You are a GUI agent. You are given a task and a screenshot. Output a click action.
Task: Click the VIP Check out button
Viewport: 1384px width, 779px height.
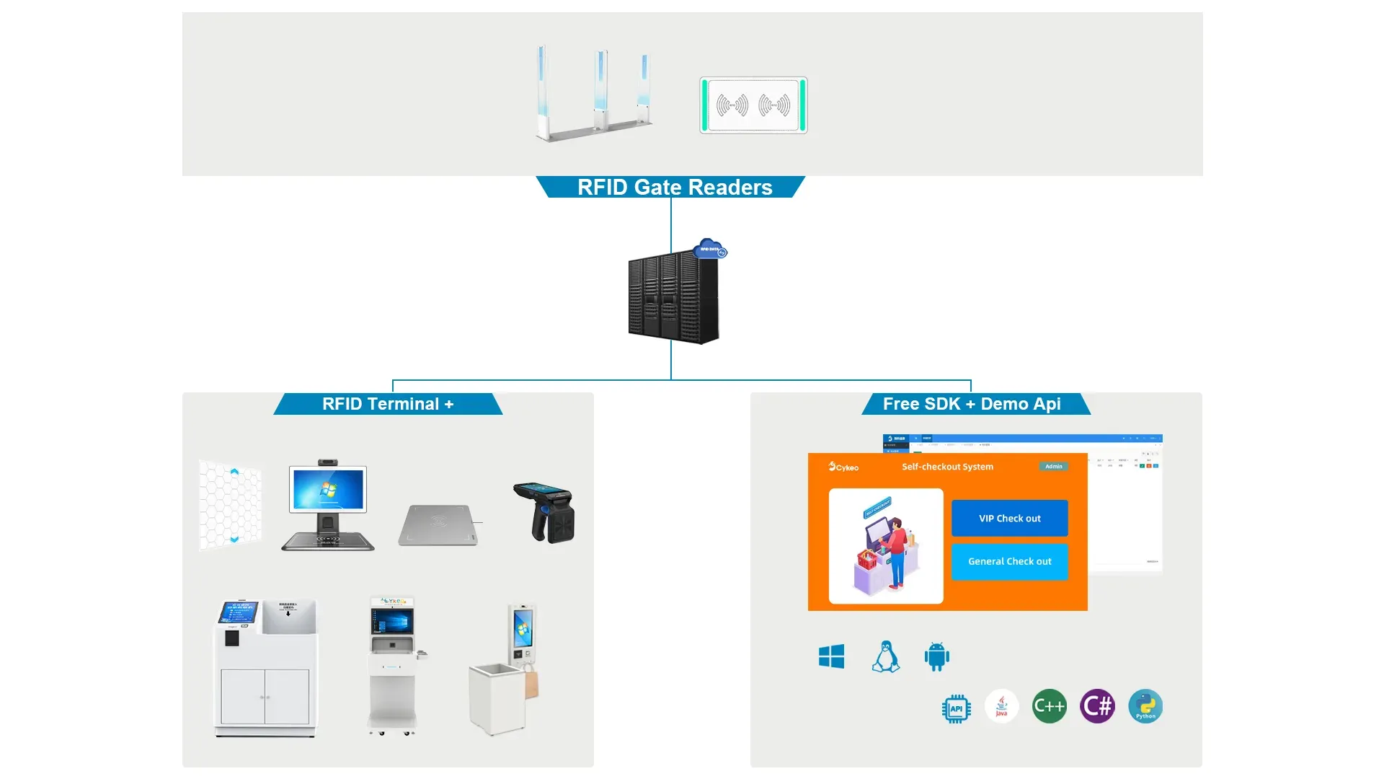coord(1009,518)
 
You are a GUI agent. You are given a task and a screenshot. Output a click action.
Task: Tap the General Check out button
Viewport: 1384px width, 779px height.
coord(1009,561)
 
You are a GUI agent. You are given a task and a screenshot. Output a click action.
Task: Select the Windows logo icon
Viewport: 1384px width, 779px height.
coord(831,656)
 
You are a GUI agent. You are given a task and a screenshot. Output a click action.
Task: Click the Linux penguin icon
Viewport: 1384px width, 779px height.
coord(885,656)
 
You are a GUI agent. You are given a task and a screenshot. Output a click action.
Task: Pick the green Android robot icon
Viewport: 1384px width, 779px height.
coord(936,656)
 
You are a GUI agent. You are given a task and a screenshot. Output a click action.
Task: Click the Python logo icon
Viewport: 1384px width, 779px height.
coord(1145,706)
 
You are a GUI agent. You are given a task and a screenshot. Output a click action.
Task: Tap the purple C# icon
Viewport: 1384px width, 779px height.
coord(1097,706)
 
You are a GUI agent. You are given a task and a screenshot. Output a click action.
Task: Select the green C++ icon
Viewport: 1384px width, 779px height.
coord(1049,706)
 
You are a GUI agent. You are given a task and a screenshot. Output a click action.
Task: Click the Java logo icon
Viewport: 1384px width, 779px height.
coord(1001,706)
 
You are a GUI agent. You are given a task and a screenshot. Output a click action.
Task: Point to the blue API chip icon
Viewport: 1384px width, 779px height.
coord(956,708)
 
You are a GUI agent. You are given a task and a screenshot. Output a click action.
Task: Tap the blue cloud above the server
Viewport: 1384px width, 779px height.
coord(710,248)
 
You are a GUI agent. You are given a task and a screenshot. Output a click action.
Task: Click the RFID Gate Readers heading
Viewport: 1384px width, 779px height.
coord(674,188)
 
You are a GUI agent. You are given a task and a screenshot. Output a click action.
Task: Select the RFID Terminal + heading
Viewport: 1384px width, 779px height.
coord(388,404)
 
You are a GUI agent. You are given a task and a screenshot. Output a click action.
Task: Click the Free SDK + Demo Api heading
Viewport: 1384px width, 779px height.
coord(971,404)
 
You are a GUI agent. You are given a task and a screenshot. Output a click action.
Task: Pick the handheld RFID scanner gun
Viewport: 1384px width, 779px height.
coord(545,511)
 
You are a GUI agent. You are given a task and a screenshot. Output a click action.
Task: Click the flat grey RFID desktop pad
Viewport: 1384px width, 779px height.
coord(438,526)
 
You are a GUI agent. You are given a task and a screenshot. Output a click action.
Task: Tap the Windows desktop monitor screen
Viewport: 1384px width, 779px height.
coord(328,488)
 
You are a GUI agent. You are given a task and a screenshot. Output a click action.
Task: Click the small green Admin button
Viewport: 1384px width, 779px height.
coord(1053,467)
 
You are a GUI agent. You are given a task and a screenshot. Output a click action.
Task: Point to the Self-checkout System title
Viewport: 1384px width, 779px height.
coord(947,467)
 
